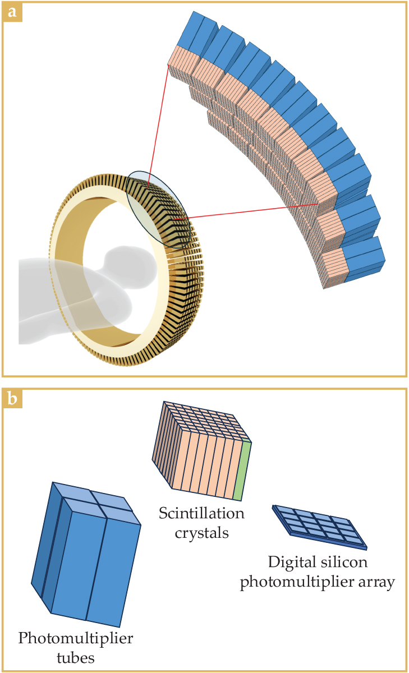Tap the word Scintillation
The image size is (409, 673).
(201, 513)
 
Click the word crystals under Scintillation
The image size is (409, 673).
(201, 532)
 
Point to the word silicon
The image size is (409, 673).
(348, 562)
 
